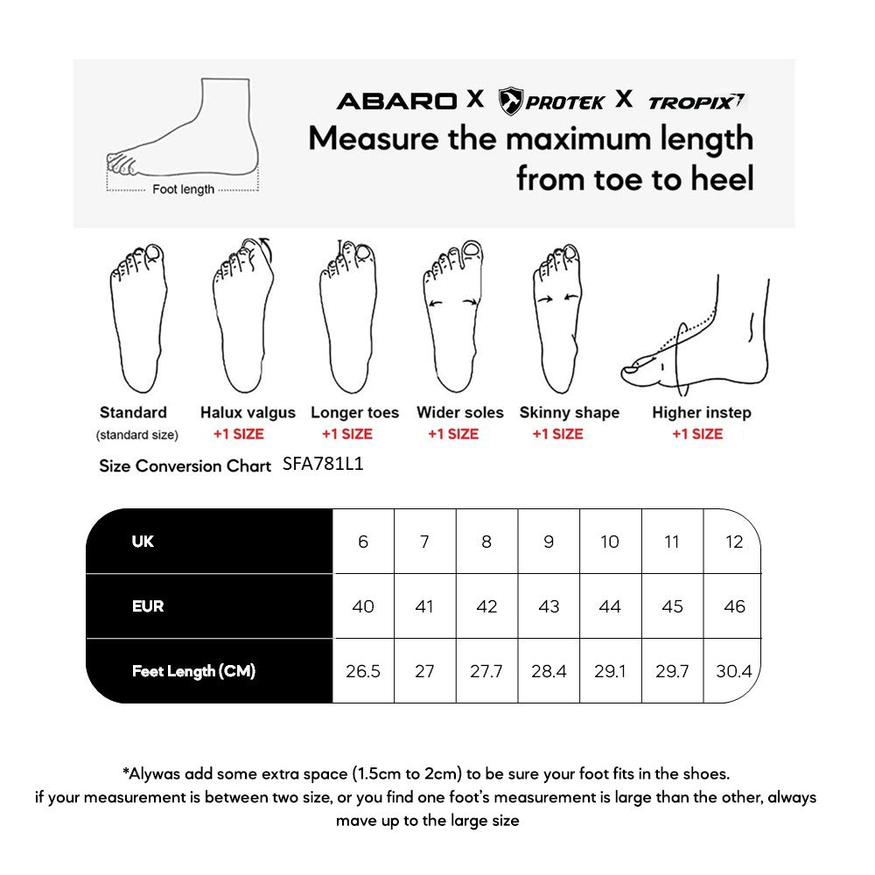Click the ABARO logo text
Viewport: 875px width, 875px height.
click(x=396, y=101)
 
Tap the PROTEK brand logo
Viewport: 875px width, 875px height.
click(x=551, y=101)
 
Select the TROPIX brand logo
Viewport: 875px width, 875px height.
click(x=696, y=101)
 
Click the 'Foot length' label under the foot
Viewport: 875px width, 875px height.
click(x=183, y=189)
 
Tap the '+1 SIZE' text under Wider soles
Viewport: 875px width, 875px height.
click(x=453, y=434)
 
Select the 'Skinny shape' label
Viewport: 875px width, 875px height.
click(x=569, y=412)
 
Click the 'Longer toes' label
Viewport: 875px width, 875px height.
click(x=354, y=412)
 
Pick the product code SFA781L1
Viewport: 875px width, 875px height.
click(x=323, y=465)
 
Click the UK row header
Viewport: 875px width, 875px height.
click(x=143, y=542)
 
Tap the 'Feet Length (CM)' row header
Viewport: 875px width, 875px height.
click(x=193, y=672)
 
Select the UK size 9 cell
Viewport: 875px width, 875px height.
click(x=549, y=542)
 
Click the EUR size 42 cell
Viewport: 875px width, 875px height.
click(x=486, y=606)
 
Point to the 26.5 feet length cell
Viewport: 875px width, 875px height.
click(x=363, y=672)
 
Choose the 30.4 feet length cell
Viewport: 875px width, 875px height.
click(x=733, y=672)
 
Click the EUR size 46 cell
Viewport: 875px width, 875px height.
click(x=734, y=606)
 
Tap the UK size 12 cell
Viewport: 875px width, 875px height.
click(x=734, y=542)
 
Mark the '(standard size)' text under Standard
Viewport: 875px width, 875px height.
click(x=137, y=435)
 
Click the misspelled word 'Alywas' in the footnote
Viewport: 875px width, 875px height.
click(x=153, y=773)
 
